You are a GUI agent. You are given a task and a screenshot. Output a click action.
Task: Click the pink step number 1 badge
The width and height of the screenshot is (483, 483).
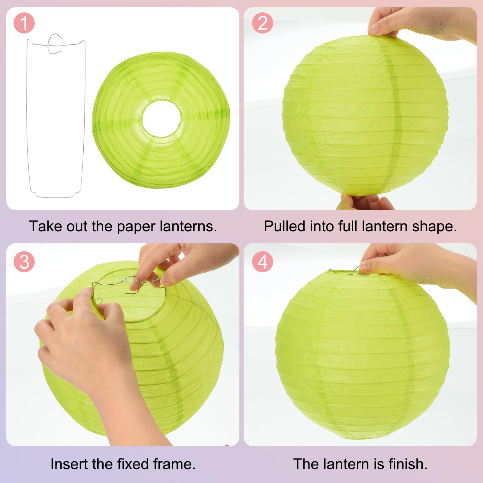[x=24, y=23]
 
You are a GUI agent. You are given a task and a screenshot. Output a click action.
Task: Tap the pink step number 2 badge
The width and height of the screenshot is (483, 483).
[x=263, y=23]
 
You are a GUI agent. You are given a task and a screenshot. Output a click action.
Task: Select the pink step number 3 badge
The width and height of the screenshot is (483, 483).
[x=24, y=262]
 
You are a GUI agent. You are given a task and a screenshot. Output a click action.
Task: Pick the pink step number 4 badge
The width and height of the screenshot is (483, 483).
[x=263, y=262]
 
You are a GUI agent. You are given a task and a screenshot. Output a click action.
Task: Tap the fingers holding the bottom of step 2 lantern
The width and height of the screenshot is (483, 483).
[x=365, y=202]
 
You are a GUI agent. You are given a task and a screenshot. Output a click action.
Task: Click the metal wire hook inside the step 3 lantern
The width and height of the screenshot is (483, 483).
[x=133, y=285]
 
